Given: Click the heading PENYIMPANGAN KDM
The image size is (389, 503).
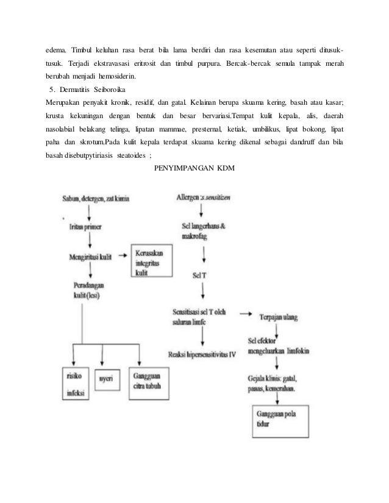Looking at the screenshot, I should pyautogui.click(x=194, y=168).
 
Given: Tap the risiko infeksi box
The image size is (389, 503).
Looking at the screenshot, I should pyautogui.click(x=76, y=381).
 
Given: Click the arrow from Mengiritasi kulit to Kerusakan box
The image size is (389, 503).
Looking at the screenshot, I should pyautogui.click(x=121, y=255).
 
